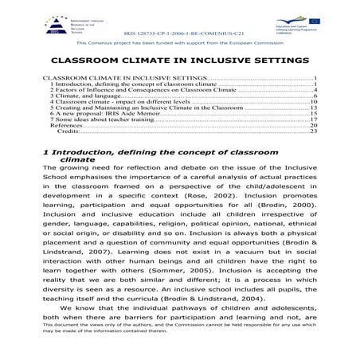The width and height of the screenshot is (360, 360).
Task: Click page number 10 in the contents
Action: (x=314, y=103)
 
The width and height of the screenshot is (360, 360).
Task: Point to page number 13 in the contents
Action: (x=314, y=108)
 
